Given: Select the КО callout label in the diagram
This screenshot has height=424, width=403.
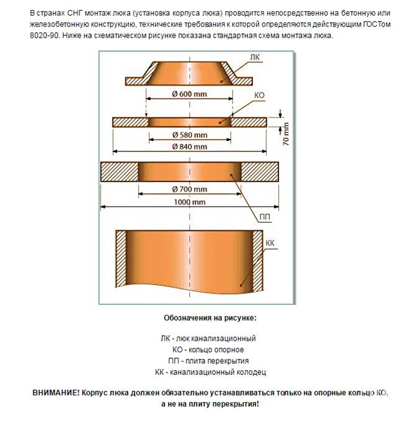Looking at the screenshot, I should pos(260,96).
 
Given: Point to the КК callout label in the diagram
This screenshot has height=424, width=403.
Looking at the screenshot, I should pos(270,242).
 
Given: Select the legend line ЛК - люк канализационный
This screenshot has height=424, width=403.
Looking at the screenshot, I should pos(208,338).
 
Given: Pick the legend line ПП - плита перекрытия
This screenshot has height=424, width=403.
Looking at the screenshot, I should pos(208,361).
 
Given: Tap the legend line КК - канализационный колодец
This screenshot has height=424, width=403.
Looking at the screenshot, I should pos(208,372).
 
